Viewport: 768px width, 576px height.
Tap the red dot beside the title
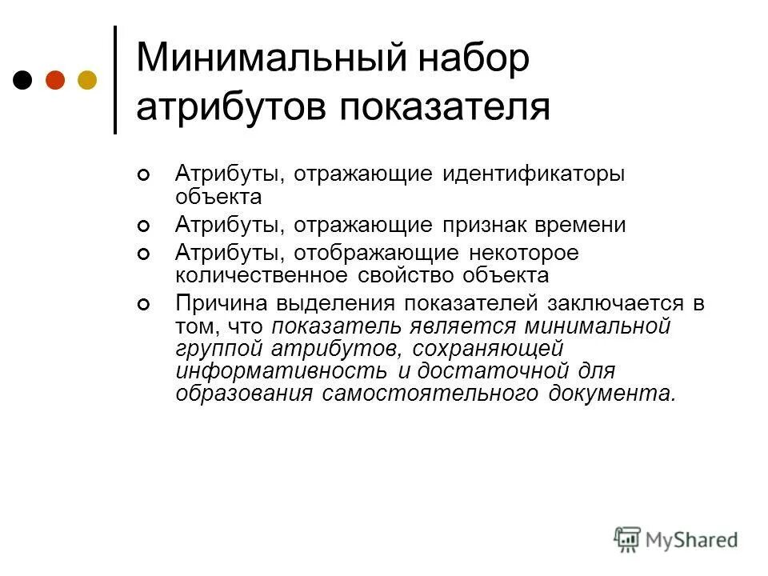55,80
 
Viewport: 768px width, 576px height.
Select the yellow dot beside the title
86,80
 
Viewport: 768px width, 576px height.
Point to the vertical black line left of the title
115,80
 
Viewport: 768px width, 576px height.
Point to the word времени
585,226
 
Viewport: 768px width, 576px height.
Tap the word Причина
221,305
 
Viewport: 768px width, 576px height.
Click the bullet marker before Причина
144,305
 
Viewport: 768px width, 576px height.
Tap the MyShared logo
676,539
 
